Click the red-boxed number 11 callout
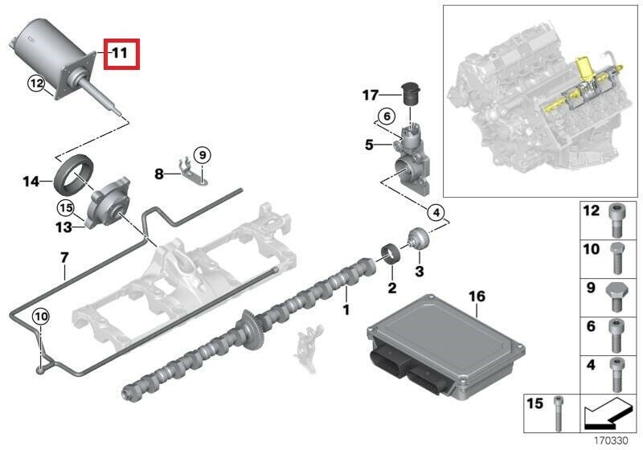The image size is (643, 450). [121, 54]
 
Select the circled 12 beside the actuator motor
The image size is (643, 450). [36, 84]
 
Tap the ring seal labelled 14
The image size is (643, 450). [74, 173]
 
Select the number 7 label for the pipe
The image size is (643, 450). [64, 258]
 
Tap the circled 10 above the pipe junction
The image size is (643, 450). [41, 317]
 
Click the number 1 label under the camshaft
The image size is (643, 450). [346, 310]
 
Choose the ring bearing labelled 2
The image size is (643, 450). [391, 254]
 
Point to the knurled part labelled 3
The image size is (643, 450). [418, 239]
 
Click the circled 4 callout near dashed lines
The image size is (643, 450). [436, 213]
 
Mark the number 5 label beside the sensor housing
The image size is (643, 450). [370, 145]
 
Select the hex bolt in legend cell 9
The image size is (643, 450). [616, 297]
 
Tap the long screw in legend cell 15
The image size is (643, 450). [558, 413]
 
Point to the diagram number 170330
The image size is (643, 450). [611, 441]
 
